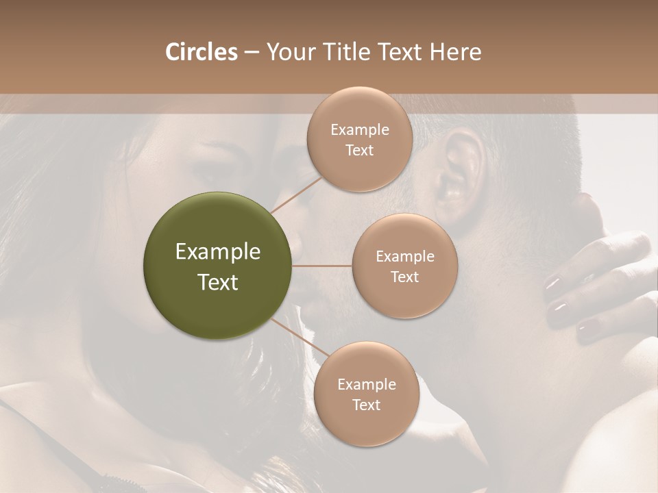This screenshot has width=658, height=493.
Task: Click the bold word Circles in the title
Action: pyautogui.click(x=201, y=52)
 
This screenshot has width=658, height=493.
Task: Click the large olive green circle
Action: pyautogui.click(x=218, y=266)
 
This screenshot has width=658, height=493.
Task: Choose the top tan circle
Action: pyautogui.click(x=359, y=140)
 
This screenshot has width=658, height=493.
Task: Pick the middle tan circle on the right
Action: pyautogui.click(x=404, y=266)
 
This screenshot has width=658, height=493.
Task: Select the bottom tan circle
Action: pyautogui.click(x=366, y=394)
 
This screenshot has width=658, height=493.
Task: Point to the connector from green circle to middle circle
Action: pyautogui.click(x=322, y=266)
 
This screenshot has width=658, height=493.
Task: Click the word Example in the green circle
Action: pyautogui.click(x=218, y=252)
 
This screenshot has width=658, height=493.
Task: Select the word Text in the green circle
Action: pyautogui.click(x=218, y=282)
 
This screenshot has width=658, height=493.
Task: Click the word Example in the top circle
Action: pyautogui.click(x=359, y=130)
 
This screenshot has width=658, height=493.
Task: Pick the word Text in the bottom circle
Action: pyautogui.click(x=366, y=405)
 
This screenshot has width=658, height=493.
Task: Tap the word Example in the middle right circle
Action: pyautogui.click(x=404, y=257)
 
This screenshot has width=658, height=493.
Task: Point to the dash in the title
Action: pyautogui.click(x=251, y=52)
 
